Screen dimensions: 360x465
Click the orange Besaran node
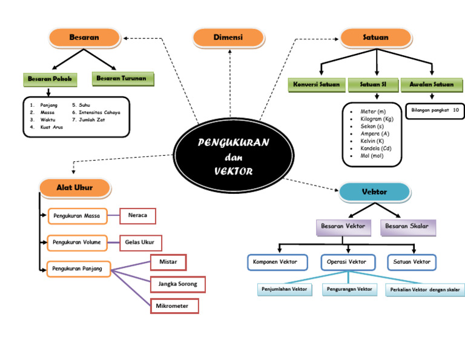click(x=84, y=38)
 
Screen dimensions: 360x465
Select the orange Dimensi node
click(x=228, y=38)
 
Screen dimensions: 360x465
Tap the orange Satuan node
click(x=375, y=38)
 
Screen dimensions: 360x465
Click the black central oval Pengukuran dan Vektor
click(x=233, y=156)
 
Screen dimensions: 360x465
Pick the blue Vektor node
click(x=374, y=192)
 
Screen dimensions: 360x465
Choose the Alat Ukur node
click(x=74, y=188)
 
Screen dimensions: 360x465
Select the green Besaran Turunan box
click(x=123, y=79)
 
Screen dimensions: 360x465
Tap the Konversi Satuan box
click(x=317, y=84)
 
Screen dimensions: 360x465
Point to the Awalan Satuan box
click(x=431, y=84)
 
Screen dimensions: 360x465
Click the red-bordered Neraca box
click(x=138, y=216)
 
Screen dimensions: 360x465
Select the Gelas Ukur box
click(x=140, y=242)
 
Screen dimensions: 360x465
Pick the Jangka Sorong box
click(x=177, y=284)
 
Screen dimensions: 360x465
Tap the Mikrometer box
click(x=174, y=306)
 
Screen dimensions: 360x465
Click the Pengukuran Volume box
click(x=77, y=242)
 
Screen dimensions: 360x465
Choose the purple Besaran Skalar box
click(x=407, y=227)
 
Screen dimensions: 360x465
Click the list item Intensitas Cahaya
click(x=99, y=112)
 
